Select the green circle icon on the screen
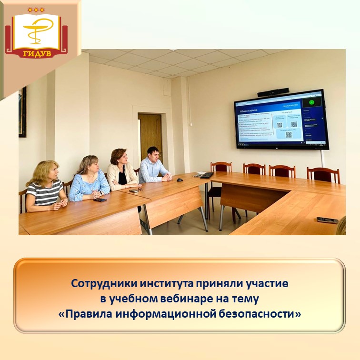[312, 102]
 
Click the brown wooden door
[150, 138]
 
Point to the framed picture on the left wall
[22, 112]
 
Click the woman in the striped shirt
[44, 187]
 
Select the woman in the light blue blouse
[89, 179]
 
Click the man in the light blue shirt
[153, 165]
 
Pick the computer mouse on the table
[180, 180]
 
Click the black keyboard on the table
[206, 175]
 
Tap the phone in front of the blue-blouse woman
[100, 200]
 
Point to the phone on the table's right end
[327, 220]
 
